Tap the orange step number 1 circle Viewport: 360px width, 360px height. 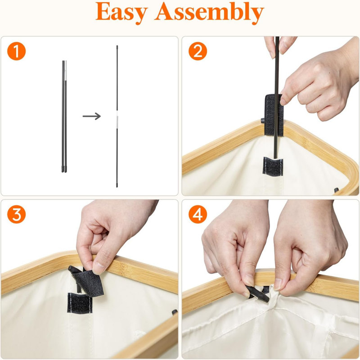(16, 51)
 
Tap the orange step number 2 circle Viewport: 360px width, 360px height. (198, 51)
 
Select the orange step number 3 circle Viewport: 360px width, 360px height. (16, 215)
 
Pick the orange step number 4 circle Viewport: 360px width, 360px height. (198, 215)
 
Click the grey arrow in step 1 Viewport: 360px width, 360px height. (92, 116)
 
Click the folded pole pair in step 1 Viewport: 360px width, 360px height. (64, 117)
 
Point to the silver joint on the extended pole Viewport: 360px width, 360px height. (117, 121)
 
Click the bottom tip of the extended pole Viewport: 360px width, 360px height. (117, 186)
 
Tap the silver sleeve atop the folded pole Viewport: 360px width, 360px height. (66, 71)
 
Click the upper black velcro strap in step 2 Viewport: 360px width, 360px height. (273, 115)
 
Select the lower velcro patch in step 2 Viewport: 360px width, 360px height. (273, 166)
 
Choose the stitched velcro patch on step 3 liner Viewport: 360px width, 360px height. (80, 302)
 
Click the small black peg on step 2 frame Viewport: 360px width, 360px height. (263, 120)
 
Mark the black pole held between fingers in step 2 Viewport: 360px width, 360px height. (277, 96)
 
